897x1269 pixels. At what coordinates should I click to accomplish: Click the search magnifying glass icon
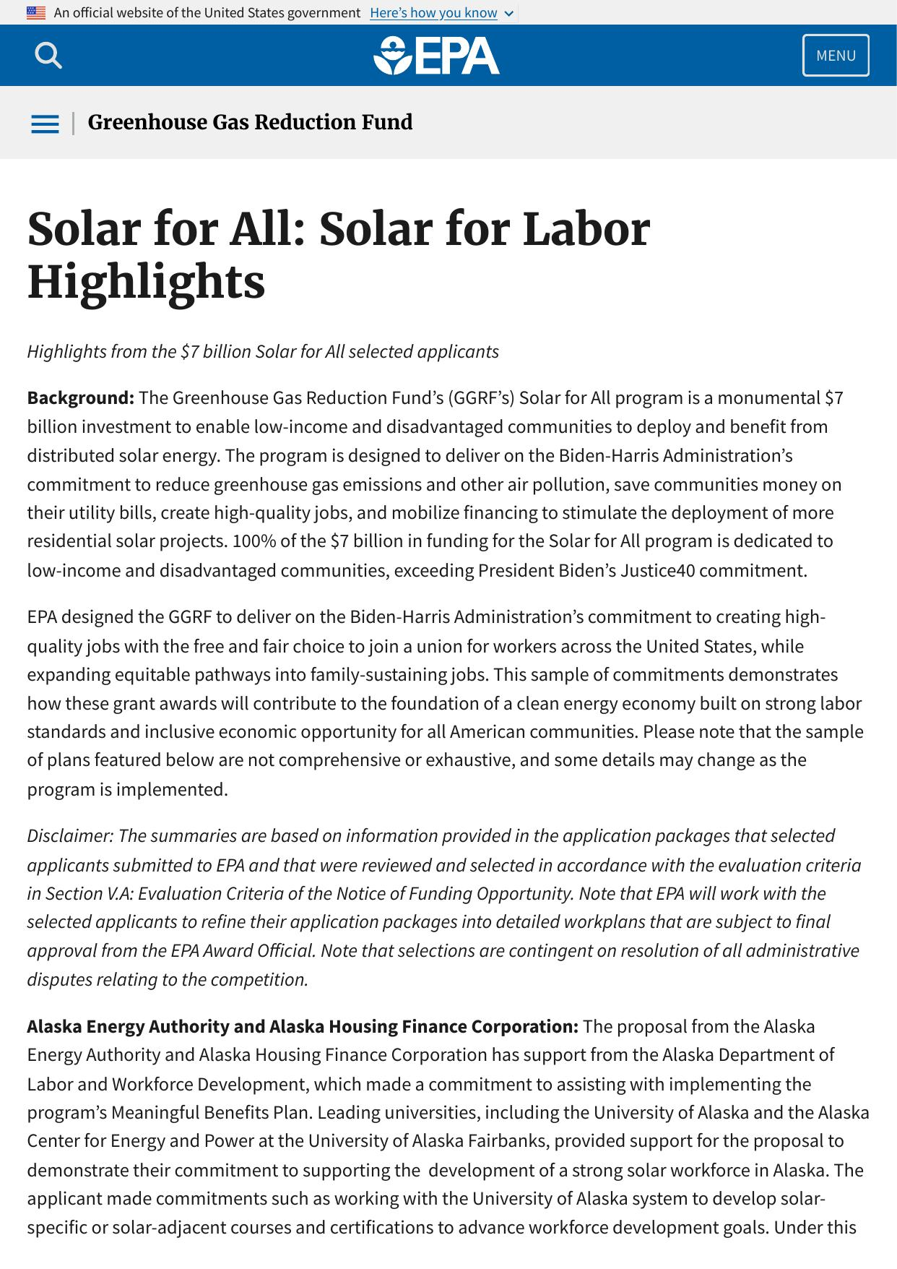click(x=48, y=55)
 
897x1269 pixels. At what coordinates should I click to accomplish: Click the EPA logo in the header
click(x=436, y=56)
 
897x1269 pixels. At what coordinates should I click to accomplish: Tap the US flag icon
click(x=36, y=13)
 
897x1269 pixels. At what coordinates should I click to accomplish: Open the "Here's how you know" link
click(x=433, y=13)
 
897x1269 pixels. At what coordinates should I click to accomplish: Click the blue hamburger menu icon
click(x=45, y=124)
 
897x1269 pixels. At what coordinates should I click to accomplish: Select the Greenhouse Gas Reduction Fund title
click(x=250, y=123)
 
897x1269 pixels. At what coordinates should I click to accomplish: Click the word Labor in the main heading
click(x=586, y=229)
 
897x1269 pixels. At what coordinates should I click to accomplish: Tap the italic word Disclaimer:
click(x=70, y=836)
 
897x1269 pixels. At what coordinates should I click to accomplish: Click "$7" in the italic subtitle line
click(x=189, y=352)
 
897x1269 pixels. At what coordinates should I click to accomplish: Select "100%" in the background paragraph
click(x=251, y=541)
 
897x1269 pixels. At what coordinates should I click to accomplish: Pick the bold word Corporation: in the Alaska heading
click(x=524, y=1027)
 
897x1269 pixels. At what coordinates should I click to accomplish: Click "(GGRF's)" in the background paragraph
click(x=481, y=398)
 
